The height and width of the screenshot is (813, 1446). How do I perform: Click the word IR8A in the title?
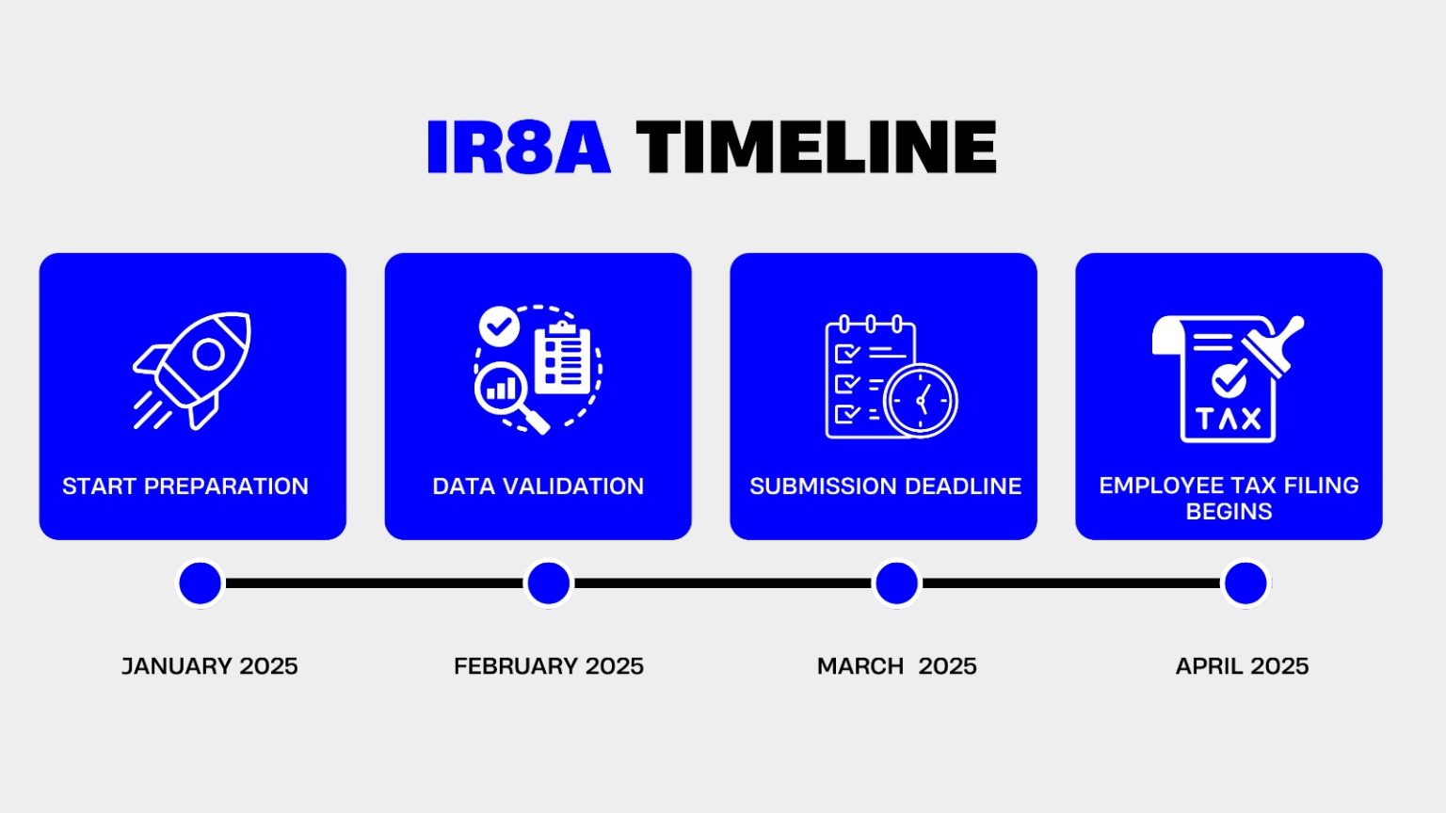518,148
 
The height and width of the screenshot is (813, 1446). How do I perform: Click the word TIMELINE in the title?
815,148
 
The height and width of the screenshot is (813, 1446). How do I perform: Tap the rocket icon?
194,370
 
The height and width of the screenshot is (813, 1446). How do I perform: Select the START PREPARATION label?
185,486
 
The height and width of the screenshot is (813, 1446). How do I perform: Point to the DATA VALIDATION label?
538,486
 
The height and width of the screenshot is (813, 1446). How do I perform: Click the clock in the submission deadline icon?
920,401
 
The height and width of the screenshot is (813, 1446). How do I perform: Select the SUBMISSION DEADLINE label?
885,486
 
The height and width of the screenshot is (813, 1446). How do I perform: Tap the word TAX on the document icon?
1228,419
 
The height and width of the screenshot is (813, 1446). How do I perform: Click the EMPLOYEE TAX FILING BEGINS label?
1229,498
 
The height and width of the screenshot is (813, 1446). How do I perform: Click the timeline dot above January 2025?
201,583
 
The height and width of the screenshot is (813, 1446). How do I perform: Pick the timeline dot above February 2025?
549,583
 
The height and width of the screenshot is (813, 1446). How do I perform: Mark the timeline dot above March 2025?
896,583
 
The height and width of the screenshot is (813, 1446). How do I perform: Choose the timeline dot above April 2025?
1245,583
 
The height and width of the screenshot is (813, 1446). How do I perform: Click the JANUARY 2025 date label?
209,666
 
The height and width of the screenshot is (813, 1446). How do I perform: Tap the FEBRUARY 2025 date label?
549,666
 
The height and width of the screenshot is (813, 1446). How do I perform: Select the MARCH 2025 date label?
896,666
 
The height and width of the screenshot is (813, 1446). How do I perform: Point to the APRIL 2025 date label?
1242,666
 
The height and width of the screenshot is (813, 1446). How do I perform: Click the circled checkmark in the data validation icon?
499,327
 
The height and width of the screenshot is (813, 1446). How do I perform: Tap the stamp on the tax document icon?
1275,346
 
